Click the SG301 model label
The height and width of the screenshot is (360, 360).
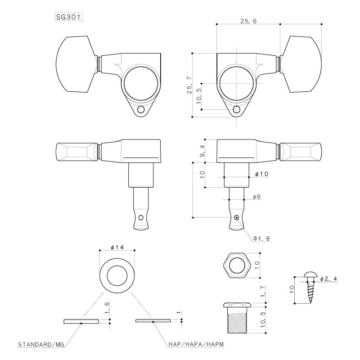(68, 17)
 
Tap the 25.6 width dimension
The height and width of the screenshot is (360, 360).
(248, 21)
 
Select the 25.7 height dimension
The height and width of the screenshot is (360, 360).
(189, 85)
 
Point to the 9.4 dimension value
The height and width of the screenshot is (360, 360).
(202, 151)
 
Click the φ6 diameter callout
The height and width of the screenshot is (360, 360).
(256, 197)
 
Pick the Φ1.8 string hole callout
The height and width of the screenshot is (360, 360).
(261, 238)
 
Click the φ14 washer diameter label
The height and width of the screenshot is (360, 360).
(117, 247)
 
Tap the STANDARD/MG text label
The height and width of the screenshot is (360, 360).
(41, 345)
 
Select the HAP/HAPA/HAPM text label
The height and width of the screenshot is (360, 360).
(196, 344)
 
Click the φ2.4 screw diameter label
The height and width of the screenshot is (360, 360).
(328, 279)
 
